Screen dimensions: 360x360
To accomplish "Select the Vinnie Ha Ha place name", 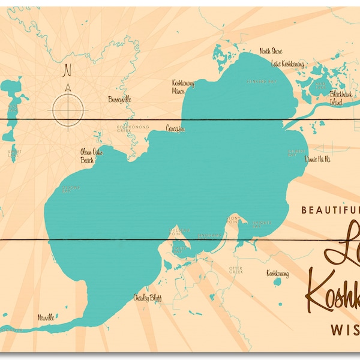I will coord(317,159).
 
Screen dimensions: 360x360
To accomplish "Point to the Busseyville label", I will coord(119,99).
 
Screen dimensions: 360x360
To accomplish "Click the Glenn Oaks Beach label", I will coord(91,156).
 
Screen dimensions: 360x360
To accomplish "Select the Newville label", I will coord(46,316).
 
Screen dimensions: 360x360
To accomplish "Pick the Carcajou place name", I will coord(176,128).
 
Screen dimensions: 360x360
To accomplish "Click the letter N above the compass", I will coord(67,70).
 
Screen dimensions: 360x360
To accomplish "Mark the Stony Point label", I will coord(233,219).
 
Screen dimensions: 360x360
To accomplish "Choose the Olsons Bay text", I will coord(71,189).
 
